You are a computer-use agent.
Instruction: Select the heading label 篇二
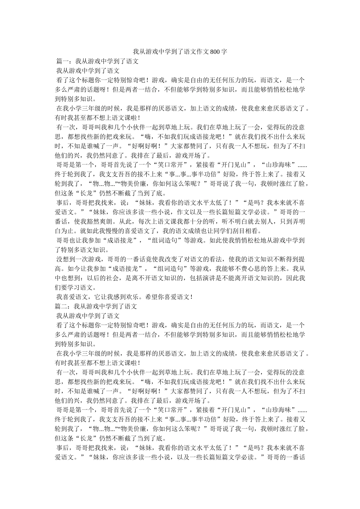(x=61, y=306)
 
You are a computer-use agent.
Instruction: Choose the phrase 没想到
(x=66, y=259)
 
